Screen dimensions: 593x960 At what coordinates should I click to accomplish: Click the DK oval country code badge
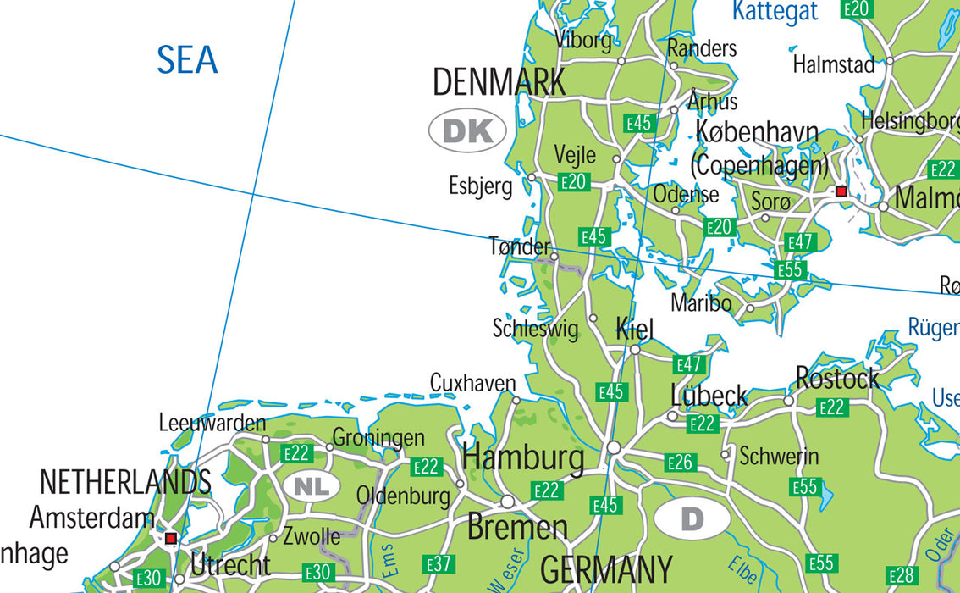[467, 131]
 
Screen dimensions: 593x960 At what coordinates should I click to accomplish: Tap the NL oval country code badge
[312, 486]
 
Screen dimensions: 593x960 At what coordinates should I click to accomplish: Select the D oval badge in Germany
[692, 518]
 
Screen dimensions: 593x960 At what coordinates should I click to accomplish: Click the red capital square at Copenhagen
[841, 192]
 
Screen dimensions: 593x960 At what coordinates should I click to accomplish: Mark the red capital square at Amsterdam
[171, 538]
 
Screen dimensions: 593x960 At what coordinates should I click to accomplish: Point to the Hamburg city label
[523, 458]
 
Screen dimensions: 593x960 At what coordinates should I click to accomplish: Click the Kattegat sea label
[775, 11]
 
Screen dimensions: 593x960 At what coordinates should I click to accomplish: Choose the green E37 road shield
[439, 563]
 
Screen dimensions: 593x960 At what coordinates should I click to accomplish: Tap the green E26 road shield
[680, 463]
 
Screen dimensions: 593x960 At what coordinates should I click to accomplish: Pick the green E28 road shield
[902, 575]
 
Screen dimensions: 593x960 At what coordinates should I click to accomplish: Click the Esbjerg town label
[481, 186]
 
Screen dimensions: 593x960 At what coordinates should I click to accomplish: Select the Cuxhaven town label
[472, 383]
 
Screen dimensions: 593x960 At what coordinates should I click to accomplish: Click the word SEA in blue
[187, 61]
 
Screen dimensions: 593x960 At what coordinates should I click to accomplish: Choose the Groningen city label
[378, 438]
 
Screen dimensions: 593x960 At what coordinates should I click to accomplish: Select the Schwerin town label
[779, 457]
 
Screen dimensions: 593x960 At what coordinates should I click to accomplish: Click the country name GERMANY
[606, 569]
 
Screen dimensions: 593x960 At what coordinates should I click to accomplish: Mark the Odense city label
[686, 194]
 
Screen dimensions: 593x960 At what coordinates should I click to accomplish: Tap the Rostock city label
[836, 379]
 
